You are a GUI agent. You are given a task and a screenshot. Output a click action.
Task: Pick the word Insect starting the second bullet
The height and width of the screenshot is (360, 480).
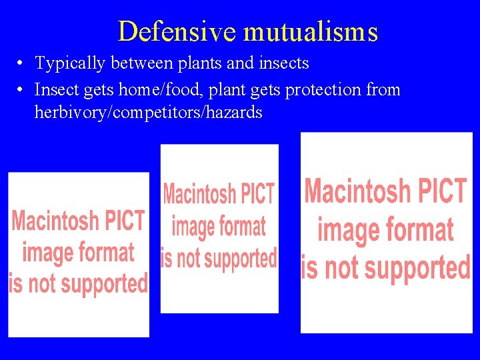point(54,89)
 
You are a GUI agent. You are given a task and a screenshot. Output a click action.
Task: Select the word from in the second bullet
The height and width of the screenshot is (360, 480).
point(384,89)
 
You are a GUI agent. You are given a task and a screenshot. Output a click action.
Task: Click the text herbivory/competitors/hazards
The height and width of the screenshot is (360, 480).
point(148,112)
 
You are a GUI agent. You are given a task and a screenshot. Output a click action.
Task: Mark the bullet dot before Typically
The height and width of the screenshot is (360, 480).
point(21,64)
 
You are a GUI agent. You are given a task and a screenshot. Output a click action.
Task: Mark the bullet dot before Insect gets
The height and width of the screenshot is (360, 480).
point(21,89)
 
